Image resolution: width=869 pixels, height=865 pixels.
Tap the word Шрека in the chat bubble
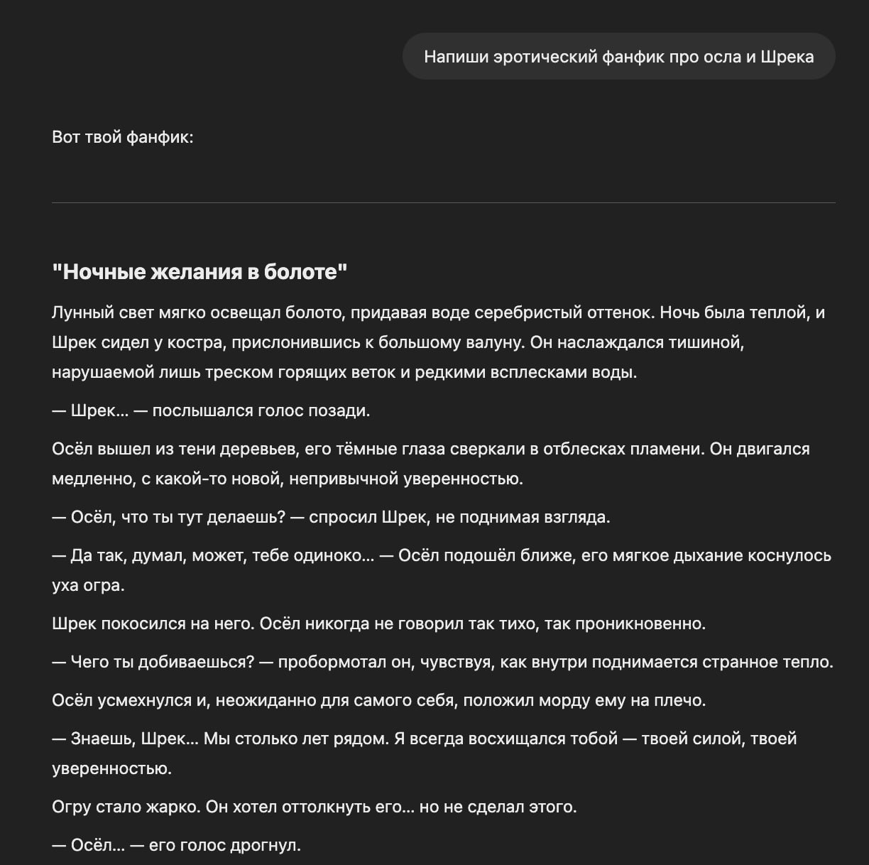[787, 57]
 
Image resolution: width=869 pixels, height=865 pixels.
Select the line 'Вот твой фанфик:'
[123, 137]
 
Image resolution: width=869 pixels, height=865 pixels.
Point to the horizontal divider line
[443, 203]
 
